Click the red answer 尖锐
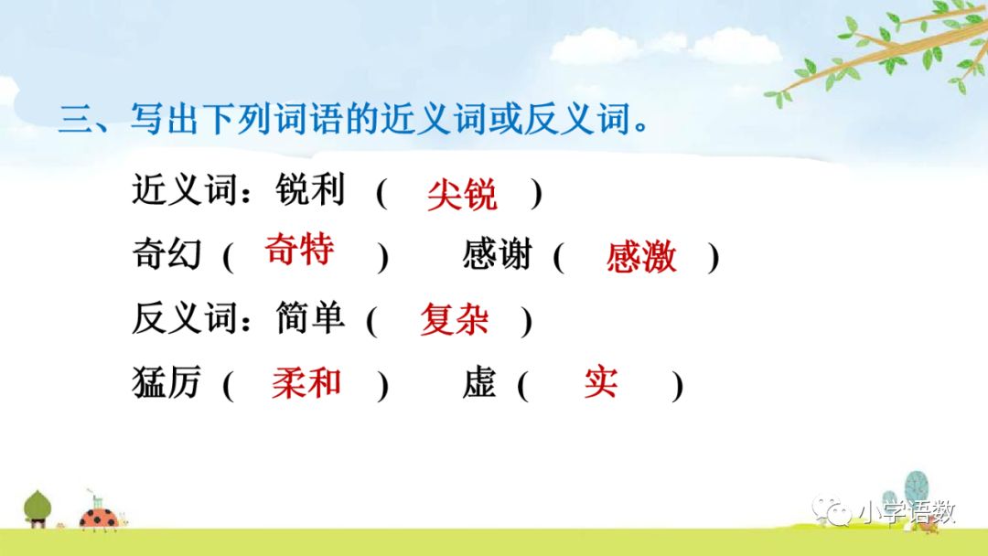tap(462, 195)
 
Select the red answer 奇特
tap(299, 249)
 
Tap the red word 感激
tap(641, 258)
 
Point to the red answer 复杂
tap(454, 319)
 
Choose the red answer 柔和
tap(306, 383)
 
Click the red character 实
tap(601, 383)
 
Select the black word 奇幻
tap(166, 254)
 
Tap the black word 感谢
tap(497, 254)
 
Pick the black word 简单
tap(310, 317)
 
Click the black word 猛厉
tap(166, 383)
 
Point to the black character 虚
tap(479, 383)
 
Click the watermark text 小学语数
tap(906, 512)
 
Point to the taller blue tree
tap(916, 489)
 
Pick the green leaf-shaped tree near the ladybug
tap(38, 506)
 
